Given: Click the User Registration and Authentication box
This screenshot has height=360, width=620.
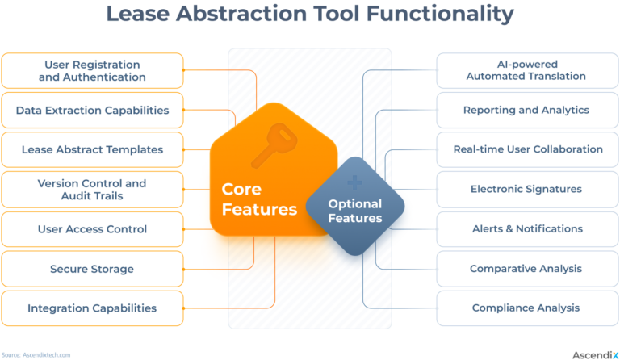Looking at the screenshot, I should pyautogui.click(x=92, y=71).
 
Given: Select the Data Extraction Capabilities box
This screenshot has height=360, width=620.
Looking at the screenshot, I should pyautogui.click(x=92, y=111).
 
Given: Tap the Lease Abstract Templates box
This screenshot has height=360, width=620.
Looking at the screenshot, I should pyautogui.click(x=92, y=149).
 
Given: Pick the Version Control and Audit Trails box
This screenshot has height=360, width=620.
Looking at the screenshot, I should pyautogui.click(x=92, y=190).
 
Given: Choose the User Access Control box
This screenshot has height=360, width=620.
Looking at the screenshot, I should pyautogui.click(x=92, y=229).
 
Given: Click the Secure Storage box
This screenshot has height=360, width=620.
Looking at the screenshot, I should pyautogui.click(x=92, y=269).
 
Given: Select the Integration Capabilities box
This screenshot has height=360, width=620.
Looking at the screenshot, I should pyautogui.click(x=92, y=308).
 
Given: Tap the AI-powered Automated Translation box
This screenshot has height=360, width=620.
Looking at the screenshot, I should pyautogui.click(x=527, y=71).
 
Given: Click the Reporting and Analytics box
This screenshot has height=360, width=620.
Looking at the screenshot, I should pyautogui.click(x=527, y=111).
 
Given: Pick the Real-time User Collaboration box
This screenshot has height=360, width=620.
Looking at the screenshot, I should pyautogui.click(x=527, y=149).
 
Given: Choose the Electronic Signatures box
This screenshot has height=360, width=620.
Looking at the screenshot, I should pyautogui.click(x=527, y=190).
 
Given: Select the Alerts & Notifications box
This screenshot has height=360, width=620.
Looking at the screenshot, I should pyautogui.click(x=527, y=229).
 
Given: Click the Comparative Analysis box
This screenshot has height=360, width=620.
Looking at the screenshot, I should pyautogui.click(x=527, y=269).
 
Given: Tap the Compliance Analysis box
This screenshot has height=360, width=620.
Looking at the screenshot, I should pyautogui.click(x=527, y=308).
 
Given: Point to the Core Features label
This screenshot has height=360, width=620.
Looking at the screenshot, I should pyautogui.click(x=259, y=199).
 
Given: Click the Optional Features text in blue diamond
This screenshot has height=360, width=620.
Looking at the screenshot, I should pyautogui.click(x=354, y=211).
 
